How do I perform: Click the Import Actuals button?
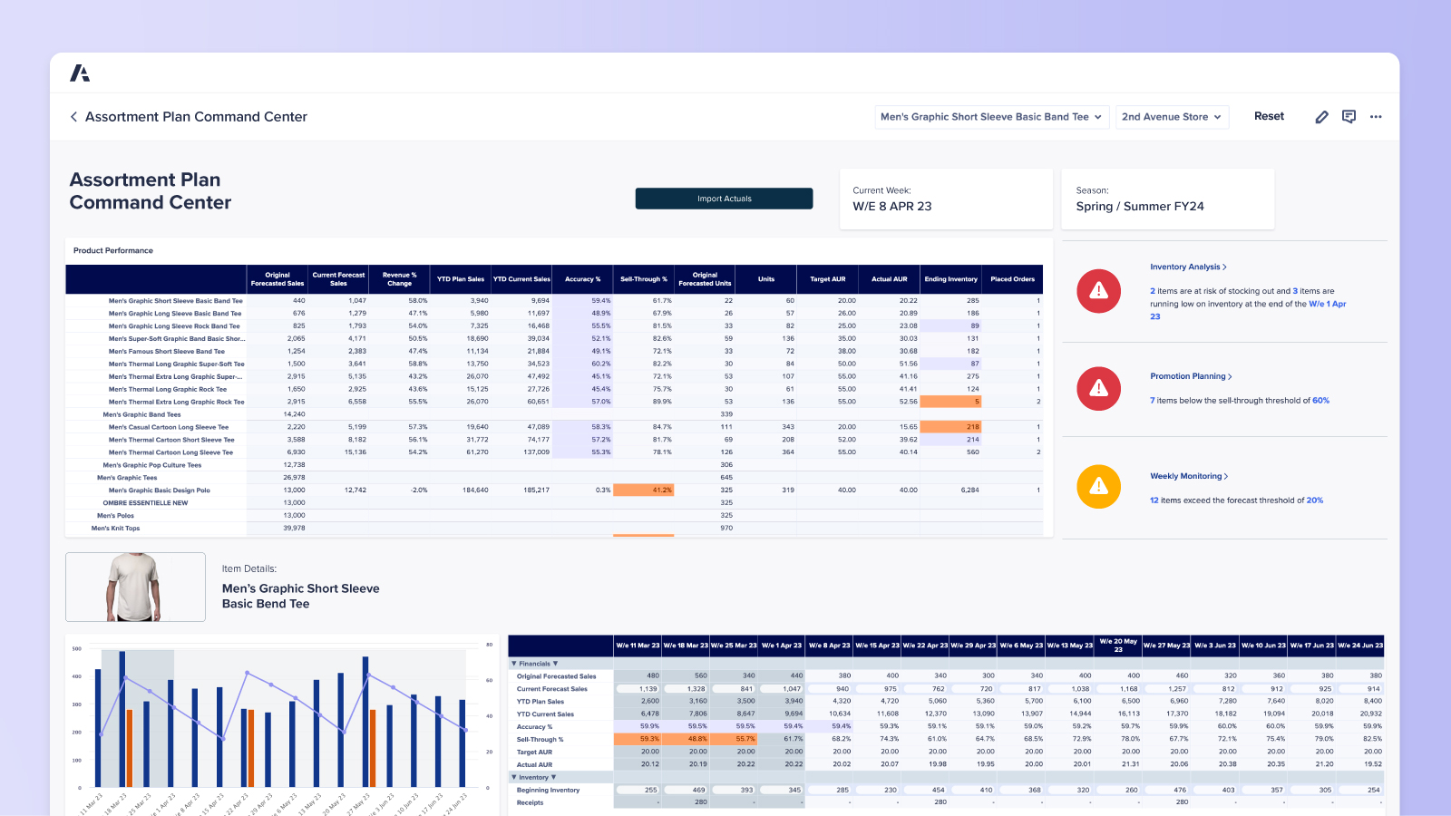coord(724,199)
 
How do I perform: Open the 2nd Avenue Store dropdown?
coord(1172,117)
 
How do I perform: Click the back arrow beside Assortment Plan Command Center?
coord(73,117)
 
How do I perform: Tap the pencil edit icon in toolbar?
coord(1321,117)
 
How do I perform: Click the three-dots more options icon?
coord(1376,117)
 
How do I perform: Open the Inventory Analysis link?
coord(1187,267)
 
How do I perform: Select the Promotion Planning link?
coord(1190,376)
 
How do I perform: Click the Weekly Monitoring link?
coord(1188,476)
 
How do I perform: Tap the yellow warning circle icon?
coord(1098,486)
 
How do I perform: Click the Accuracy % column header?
coord(582,279)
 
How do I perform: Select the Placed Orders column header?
coord(1012,279)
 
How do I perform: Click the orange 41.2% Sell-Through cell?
coord(643,490)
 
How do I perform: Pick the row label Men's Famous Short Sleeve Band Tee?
coord(167,351)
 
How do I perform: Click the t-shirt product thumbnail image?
coord(135,587)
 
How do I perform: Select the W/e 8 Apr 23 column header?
coord(828,646)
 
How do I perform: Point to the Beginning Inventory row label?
coord(548,790)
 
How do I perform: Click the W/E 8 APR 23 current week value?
coord(891,207)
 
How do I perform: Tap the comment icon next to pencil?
coord(1349,117)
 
